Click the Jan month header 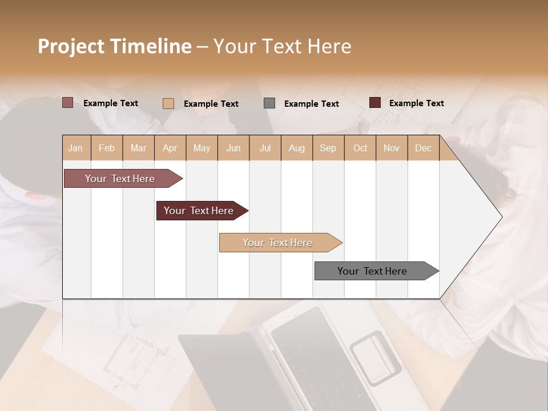[75, 148]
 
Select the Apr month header [170, 148]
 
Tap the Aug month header [296, 148]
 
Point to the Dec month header [423, 148]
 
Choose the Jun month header [233, 148]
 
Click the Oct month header [360, 148]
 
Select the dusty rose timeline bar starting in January [120, 179]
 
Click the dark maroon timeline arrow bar [199, 211]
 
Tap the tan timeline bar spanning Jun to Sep [277, 243]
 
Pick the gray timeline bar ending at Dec [372, 271]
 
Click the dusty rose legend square [67, 103]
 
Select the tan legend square [168, 103]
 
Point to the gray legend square [269, 103]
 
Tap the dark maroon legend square [374, 103]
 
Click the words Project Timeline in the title [114, 46]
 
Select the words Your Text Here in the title [282, 46]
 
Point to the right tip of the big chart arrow [501, 217]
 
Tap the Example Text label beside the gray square [311, 104]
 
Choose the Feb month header [107, 148]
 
